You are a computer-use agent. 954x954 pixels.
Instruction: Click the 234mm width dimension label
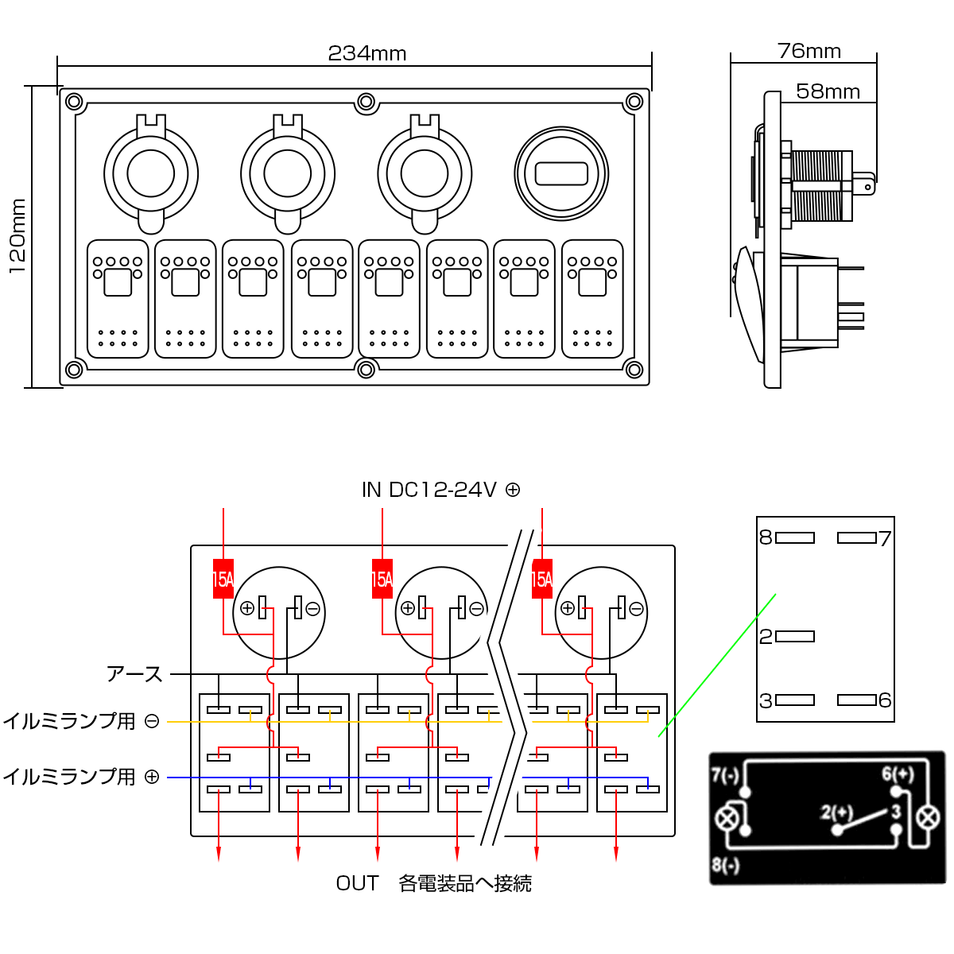tap(367, 53)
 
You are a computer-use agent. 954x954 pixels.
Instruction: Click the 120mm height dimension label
tap(17, 236)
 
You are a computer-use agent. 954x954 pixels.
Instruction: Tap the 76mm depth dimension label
tap(809, 51)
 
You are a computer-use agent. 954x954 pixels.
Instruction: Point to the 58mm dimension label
tap(828, 91)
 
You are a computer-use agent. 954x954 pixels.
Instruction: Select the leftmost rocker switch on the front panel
tap(118, 299)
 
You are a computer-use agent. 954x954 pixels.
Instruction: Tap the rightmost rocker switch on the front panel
tap(592, 299)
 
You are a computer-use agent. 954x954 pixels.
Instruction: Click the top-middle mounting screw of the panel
tap(366, 102)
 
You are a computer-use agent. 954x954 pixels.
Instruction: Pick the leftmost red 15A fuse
tap(223, 579)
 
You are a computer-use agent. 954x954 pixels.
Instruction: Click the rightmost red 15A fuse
tap(542, 579)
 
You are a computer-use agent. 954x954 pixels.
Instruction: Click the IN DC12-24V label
tap(440, 490)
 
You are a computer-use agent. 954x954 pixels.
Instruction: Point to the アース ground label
tap(134, 674)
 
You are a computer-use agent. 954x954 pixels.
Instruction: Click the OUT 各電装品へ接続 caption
tap(434, 883)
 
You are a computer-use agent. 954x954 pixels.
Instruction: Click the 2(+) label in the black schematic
tap(836, 812)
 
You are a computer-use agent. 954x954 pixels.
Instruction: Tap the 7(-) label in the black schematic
tap(725, 774)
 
